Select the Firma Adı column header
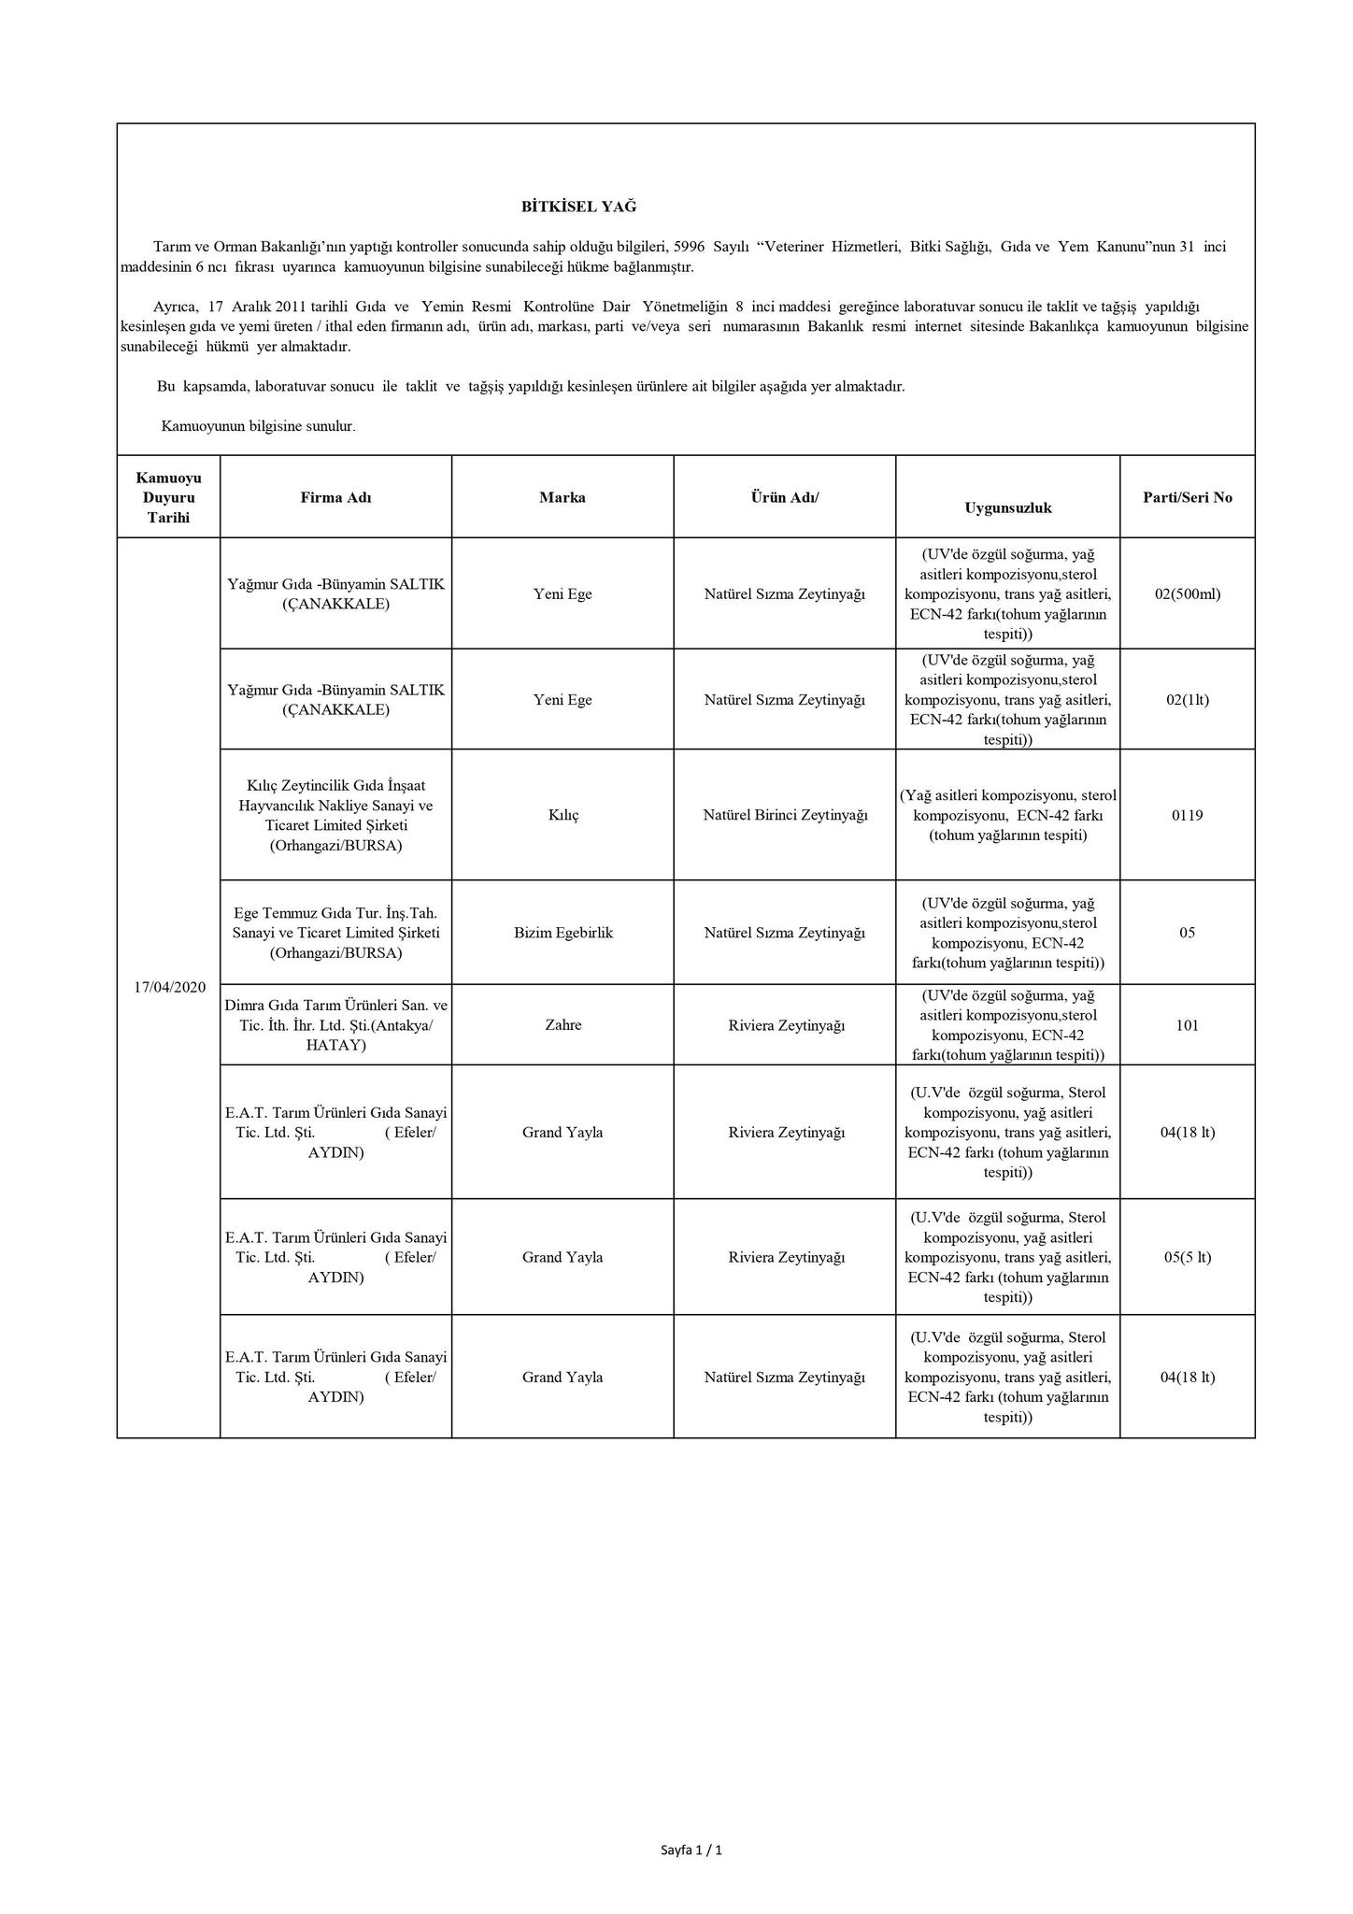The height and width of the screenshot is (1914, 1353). [335, 498]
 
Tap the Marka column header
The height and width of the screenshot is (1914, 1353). [563, 498]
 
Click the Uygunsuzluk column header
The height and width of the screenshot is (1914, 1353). [1008, 508]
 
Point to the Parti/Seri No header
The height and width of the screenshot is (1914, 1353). [1188, 498]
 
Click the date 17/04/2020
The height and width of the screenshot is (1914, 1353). [169, 987]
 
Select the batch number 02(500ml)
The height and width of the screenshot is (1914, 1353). [1188, 594]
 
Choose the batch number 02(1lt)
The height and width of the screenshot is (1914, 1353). [1188, 700]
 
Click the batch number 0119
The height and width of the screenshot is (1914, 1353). [1188, 816]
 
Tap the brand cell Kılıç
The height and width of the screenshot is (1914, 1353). [563, 816]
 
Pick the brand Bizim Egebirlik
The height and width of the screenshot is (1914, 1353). [563, 933]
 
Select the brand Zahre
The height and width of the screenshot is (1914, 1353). [563, 1025]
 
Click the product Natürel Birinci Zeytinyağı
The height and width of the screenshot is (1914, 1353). [785, 816]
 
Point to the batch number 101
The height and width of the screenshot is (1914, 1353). [1188, 1025]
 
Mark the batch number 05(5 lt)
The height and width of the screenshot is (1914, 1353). [1188, 1258]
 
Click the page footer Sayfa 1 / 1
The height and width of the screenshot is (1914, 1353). [691, 1850]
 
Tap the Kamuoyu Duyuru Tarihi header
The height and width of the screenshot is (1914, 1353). [169, 498]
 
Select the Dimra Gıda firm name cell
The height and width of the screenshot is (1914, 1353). [336, 1025]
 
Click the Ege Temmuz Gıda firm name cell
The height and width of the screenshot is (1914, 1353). [336, 933]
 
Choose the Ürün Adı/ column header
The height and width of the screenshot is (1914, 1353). [785, 498]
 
